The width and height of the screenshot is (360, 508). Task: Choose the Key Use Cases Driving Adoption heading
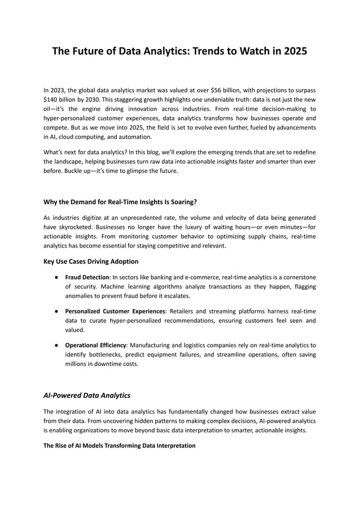(x=90, y=262)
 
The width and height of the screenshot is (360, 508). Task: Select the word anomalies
(x=83, y=296)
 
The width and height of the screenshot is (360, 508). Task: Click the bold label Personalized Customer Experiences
(x=115, y=311)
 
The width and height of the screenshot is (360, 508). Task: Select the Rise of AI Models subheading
(x=119, y=445)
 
